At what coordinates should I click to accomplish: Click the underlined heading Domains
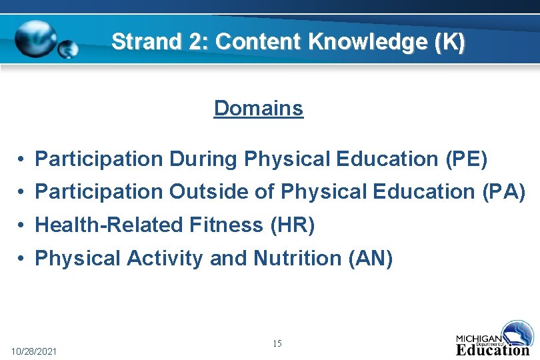coord(259,108)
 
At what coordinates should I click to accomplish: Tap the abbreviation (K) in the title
coord(450,42)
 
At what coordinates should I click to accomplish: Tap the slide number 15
coord(277,343)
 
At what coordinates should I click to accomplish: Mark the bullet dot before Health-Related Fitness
coord(22,226)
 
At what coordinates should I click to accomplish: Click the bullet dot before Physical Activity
coord(22,259)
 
